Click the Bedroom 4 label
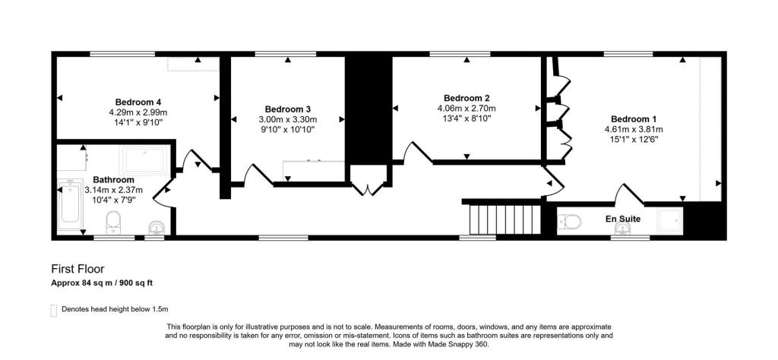(x=138, y=102)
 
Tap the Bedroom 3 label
(x=287, y=109)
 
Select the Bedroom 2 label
(x=466, y=98)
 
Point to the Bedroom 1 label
(x=634, y=119)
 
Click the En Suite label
(x=622, y=219)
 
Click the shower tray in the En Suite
(x=669, y=219)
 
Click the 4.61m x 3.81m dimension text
(x=634, y=129)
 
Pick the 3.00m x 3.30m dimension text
(x=287, y=119)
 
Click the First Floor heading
(x=77, y=269)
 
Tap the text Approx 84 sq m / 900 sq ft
(x=102, y=283)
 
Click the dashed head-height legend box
(x=53, y=309)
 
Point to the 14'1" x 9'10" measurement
(x=138, y=122)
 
